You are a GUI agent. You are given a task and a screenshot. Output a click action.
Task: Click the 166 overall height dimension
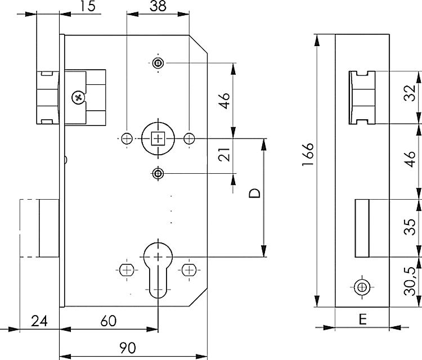pyautogui.click(x=308, y=154)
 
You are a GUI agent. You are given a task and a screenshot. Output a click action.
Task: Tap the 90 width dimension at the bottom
pyautogui.click(x=128, y=348)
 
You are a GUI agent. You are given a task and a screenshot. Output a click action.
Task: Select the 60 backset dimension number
pyautogui.click(x=109, y=321)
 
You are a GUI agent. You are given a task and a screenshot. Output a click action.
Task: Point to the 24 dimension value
pyautogui.click(x=39, y=321)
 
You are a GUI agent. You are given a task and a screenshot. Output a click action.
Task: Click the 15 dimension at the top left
pyautogui.click(x=88, y=6)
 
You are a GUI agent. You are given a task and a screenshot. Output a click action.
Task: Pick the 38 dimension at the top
pyautogui.click(x=158, y=6)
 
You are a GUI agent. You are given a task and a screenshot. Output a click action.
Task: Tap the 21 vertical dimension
pyautogui.click(x=224, y=155)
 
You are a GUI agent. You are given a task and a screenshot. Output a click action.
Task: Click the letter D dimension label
pyautogui.click(x=254, y=193)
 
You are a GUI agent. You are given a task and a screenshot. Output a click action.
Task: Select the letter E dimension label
pyautogui.click(x=362, y=319)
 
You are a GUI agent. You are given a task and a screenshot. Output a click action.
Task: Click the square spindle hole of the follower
pyautogui.click(x=158, y=138)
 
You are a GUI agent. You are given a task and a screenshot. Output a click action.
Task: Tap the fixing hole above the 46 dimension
pyautogui.click(x=158, y=63)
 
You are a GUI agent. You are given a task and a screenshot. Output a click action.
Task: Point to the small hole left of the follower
pyautogui.click(x=127, y=139)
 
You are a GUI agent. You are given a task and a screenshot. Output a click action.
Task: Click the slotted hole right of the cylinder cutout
pyautogui.click(x=189, y=270)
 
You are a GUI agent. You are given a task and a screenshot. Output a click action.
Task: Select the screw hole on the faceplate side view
pyautogui.click(x=362, y=287)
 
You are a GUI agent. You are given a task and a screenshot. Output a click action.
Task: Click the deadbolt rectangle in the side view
pyautogui.click(x=362, y=228)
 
